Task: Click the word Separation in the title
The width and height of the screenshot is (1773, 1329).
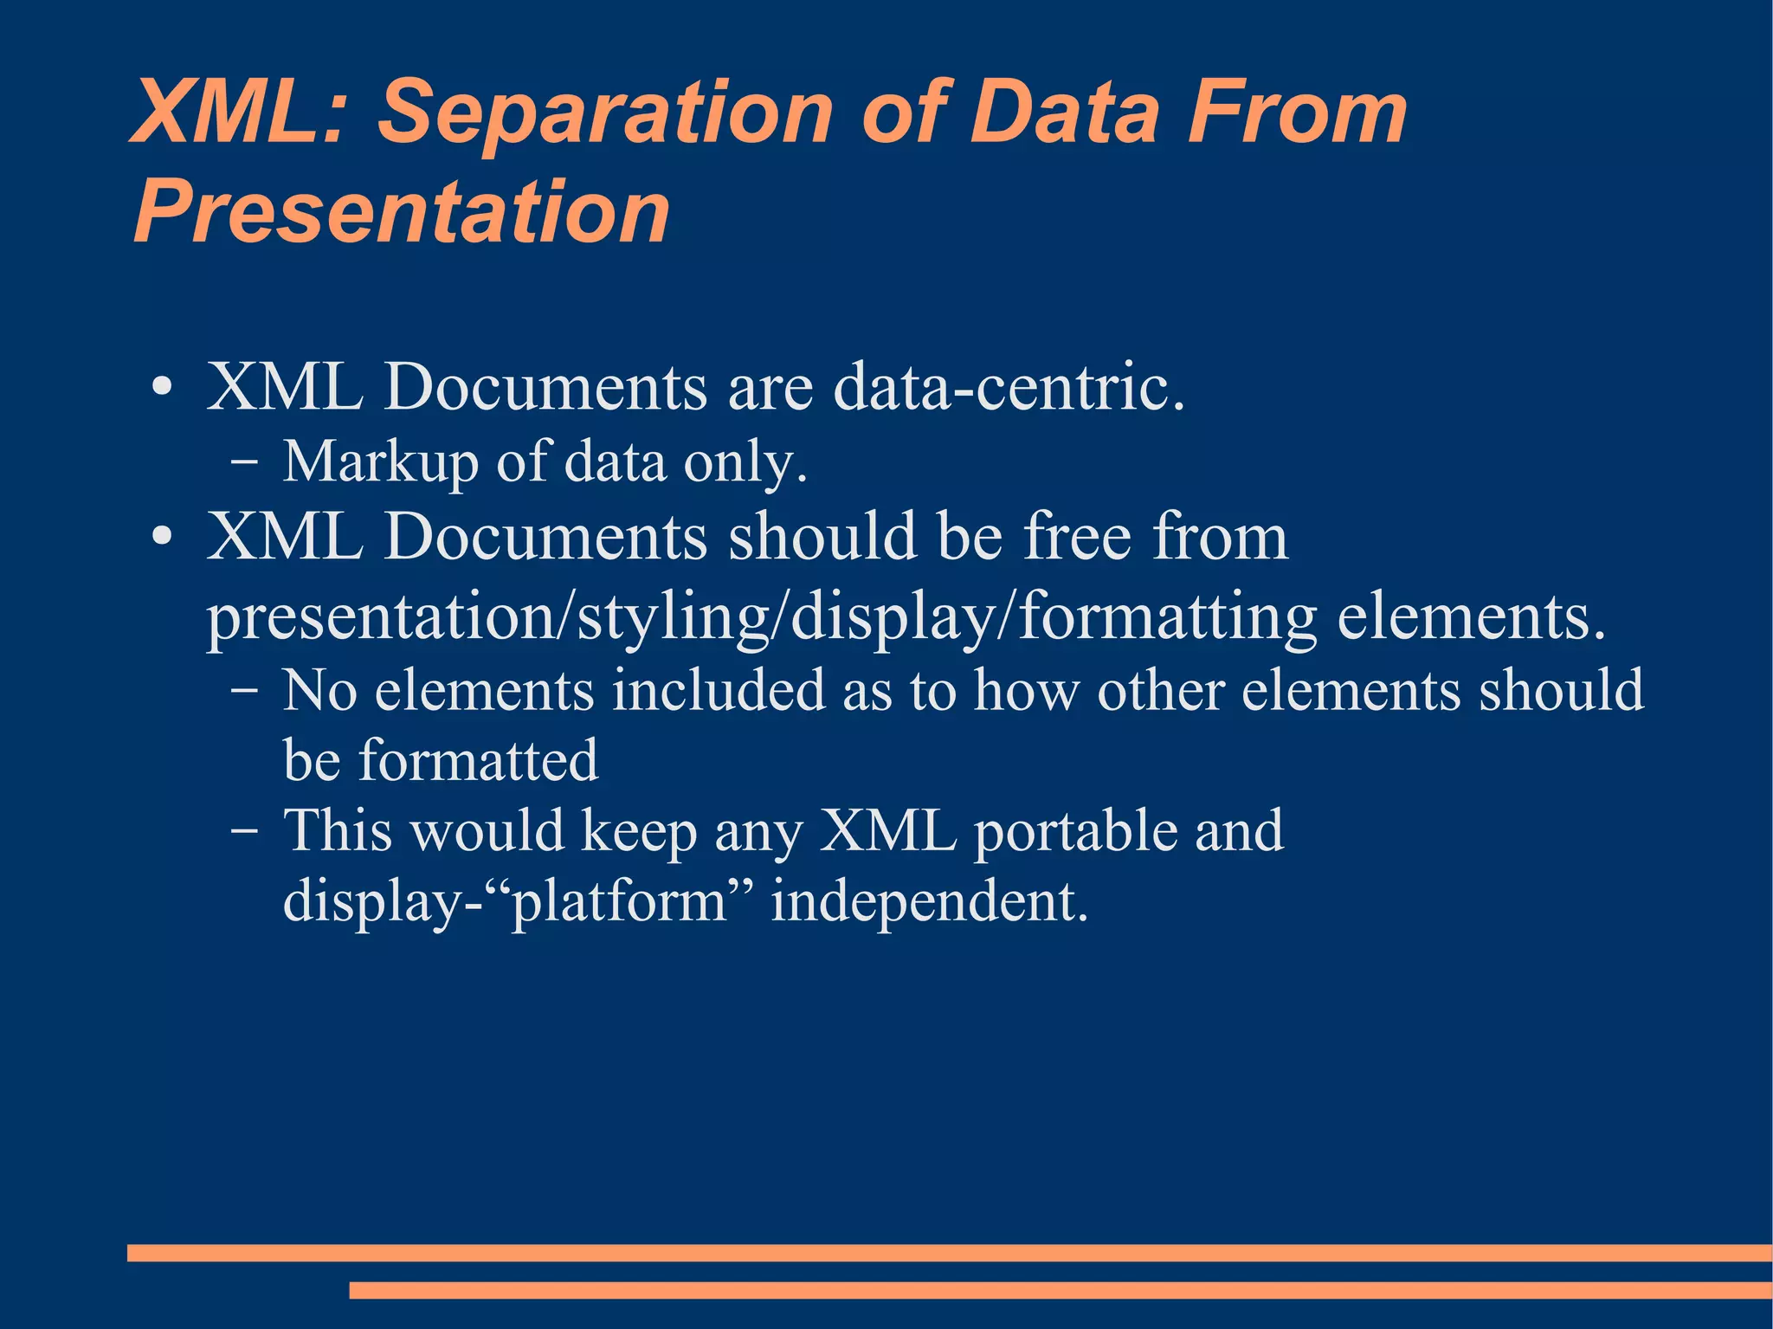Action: click(606, 113)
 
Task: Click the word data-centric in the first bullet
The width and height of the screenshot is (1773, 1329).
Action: click(1008, 387)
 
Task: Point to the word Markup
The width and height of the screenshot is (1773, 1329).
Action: click(380, 462)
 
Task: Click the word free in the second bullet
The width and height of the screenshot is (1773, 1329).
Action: click(1077, 537)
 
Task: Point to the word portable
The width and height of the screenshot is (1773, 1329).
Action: click(1074, 832)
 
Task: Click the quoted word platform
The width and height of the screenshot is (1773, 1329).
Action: click(620, 902)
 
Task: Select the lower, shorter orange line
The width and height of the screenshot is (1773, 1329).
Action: click(1060, 1290)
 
